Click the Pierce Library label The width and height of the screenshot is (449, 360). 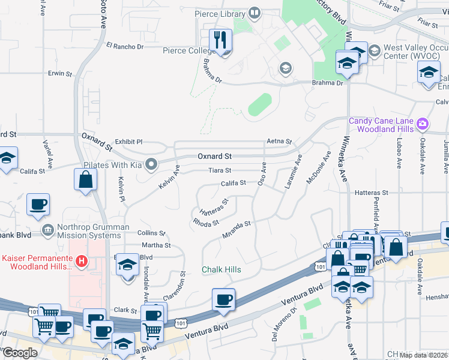[220, 13]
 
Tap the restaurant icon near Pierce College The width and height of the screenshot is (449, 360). [220, 40]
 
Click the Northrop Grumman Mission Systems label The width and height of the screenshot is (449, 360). [93, 231]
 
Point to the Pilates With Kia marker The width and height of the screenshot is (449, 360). [151, 163]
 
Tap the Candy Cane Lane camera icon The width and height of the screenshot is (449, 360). [423, 124]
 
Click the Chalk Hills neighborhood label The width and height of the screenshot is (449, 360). [221, 269]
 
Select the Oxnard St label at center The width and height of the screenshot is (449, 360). [214, 156]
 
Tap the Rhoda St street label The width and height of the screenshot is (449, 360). [205, 221]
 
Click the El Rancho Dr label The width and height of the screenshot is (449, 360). [125, 46]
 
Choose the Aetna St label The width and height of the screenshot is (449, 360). [279, 142]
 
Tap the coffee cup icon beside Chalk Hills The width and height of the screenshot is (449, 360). [224, 299]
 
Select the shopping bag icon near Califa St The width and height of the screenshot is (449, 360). [86, 179]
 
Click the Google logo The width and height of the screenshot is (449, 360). [20, 353]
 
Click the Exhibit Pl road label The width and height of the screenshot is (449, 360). [128, 142]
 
